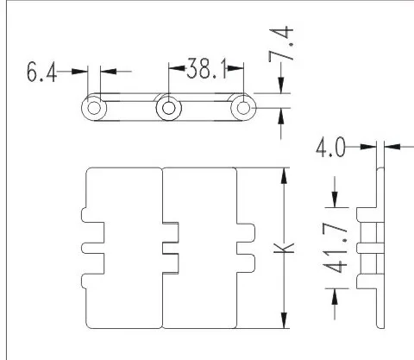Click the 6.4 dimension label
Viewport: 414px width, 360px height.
point(41,72)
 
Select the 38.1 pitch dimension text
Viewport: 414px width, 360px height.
point(206,68)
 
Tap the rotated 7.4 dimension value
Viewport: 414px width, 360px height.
point(281,44)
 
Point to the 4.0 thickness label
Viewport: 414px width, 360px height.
point(330,147)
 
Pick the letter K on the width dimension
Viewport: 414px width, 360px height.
point(284,248)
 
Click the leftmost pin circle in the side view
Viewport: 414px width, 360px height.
point(94,108)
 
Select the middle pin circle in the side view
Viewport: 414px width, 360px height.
point(169,108)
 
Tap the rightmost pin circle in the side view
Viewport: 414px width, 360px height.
point(243,108)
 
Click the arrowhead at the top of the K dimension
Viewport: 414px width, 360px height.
point(284,175)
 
